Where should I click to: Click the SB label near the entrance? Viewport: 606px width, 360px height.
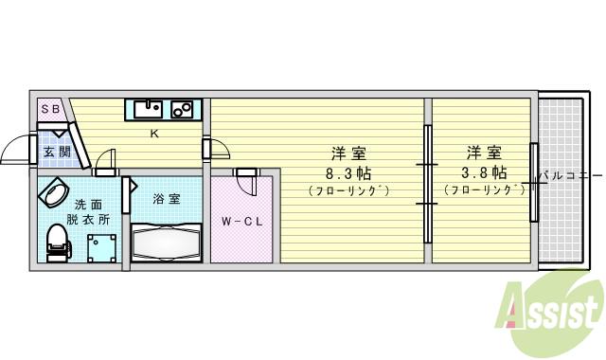(50, 110)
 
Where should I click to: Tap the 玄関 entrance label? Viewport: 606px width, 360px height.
(56, 151)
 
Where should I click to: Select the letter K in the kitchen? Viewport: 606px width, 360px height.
(153, 134)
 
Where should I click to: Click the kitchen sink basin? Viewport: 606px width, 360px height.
(148, 109)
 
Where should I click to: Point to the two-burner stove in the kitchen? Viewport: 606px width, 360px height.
(182, 109)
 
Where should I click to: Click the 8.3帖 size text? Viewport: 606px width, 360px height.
(348, 172)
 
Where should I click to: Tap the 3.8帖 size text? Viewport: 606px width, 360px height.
(483, 172)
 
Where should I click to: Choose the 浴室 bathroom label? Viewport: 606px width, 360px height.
(165, 199)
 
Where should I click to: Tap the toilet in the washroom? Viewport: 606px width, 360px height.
(58, 243)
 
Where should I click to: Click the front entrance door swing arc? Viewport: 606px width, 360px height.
(17, 152)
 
